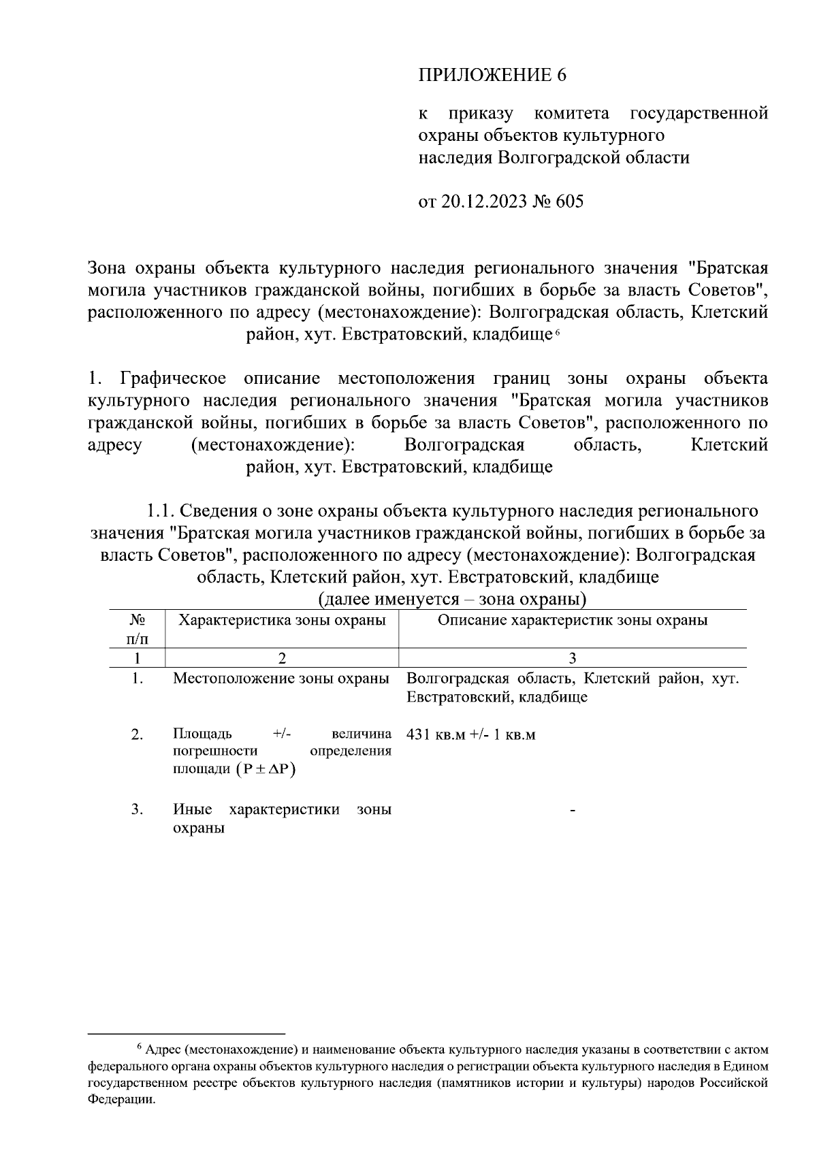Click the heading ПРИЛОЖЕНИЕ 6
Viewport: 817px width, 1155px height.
(x=492, y=75)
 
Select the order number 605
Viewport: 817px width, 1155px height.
(x=569, y=202)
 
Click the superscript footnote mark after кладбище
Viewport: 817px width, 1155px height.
(x=556, y=331)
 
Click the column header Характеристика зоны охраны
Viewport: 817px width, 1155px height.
(x=281, y=620)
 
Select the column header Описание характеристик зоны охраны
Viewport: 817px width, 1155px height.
(x=572, y=620)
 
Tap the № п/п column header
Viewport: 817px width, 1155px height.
(x=137, y=629)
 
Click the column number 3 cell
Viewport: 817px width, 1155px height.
(x=572, y=657)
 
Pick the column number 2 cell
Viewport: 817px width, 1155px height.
(x=281, y=657)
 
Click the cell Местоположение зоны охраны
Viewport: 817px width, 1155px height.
(x=281, y=679)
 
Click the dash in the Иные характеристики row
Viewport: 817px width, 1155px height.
(x=573, y=810)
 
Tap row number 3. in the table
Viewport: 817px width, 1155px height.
(x=137, y=809)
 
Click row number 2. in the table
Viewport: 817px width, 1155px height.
(x=137, y=734)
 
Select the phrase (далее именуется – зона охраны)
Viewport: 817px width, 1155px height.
(x=452, y=600)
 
